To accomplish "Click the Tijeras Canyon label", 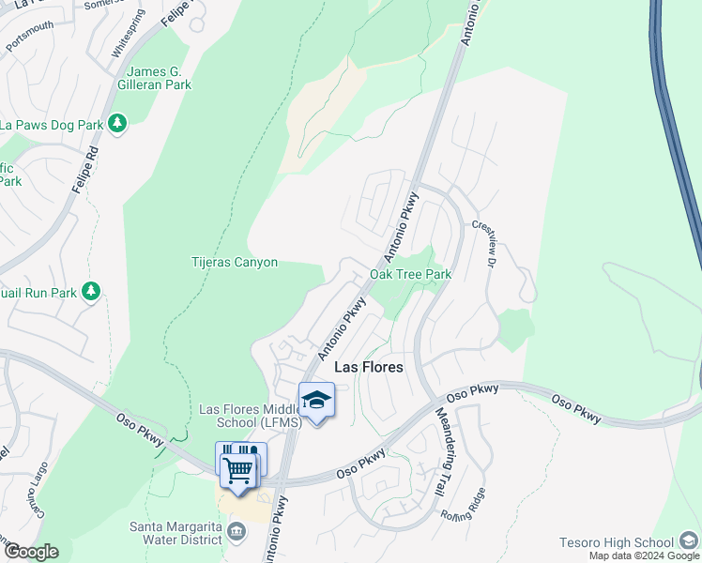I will point(235,262).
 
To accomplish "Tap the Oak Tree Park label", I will point(410,274).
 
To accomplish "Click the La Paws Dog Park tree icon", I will point(117,124).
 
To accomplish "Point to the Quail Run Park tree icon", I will point(91,292).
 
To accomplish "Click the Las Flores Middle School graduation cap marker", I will point(316,401).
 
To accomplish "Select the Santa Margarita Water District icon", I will point(236,532).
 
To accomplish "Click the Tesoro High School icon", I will point(690,541).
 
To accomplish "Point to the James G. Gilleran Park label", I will point(159,78).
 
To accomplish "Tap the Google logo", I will point(30,552).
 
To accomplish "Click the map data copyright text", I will point(644,555).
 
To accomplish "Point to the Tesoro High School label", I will point(617,542).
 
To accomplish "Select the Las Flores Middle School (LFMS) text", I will point(251,416).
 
